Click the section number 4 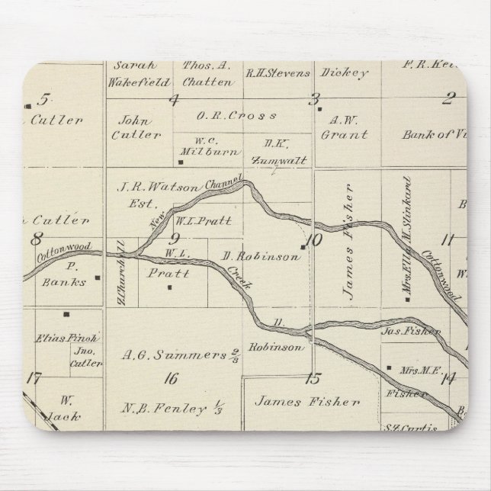174,99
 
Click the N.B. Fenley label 164,409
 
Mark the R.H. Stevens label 278,74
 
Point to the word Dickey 351,73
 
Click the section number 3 313,98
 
